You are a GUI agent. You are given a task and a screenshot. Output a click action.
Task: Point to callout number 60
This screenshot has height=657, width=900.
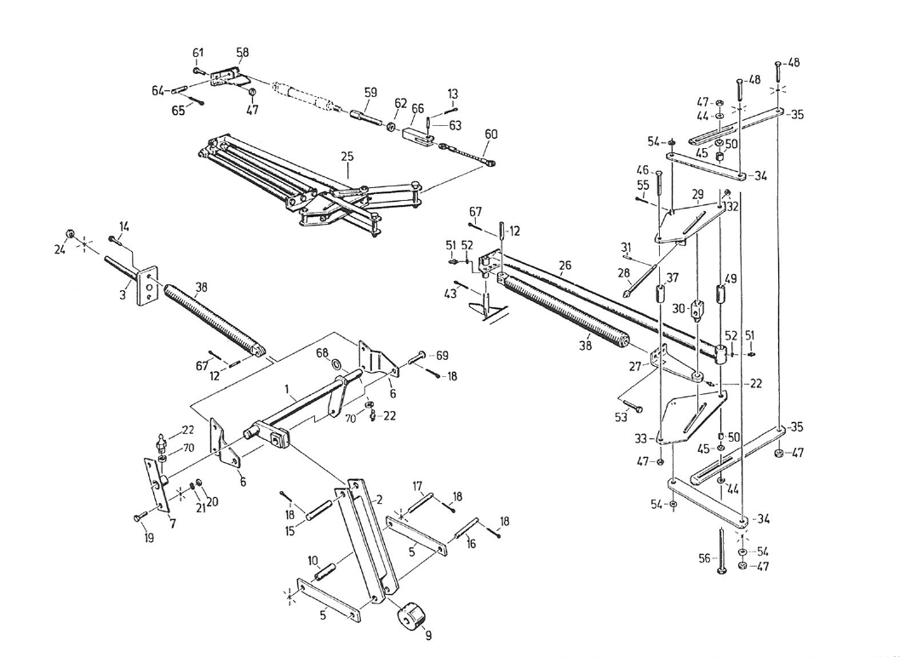click(490, 134)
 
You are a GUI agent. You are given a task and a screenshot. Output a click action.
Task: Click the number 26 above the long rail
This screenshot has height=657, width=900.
click(565, 265)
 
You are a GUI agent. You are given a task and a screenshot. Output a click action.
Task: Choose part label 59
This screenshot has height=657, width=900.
click(370, 93)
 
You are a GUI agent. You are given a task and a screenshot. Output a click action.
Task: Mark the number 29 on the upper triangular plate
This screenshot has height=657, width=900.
click(697, 196)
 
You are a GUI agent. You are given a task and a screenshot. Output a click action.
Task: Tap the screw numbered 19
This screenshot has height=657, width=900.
click(138, 516)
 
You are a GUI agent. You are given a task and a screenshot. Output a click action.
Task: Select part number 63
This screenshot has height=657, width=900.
click(455, 125)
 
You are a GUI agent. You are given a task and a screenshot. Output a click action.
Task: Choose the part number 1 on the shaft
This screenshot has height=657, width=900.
click(290, 394)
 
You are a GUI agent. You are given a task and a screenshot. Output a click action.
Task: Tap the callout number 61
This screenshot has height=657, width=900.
click(198, 53)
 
